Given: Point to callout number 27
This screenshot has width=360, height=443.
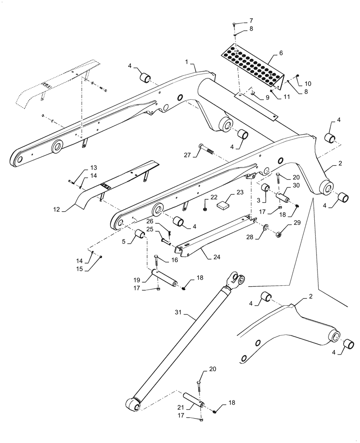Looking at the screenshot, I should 187,155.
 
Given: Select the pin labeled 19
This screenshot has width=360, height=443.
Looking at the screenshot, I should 165,278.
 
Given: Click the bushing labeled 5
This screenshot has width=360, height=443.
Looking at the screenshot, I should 139,234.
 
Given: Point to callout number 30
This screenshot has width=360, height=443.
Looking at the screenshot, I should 296,185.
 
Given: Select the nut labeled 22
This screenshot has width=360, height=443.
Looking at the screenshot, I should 207,208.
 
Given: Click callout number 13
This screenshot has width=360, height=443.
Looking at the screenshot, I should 93,168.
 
